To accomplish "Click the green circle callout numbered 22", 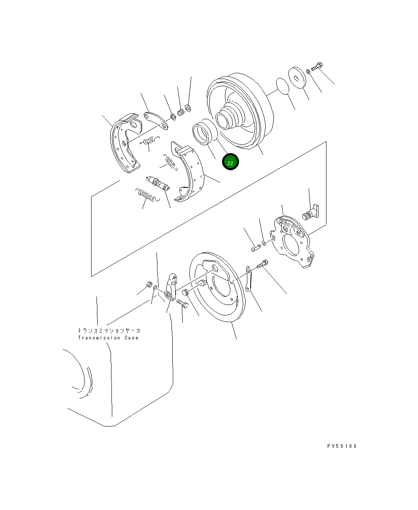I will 230,162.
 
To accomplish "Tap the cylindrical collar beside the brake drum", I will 204,132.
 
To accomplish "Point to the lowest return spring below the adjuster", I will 146,195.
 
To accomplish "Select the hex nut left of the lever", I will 148,284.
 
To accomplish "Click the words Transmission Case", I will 108,338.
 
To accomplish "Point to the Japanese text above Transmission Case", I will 109,331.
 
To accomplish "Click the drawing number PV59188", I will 341,446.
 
